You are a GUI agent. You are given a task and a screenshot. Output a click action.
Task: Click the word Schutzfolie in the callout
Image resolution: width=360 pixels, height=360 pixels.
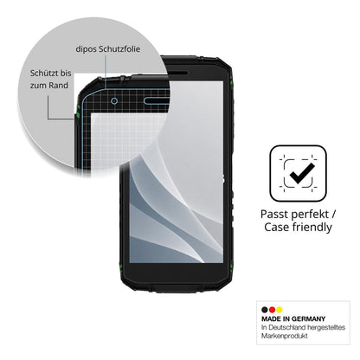[x=119, y=49]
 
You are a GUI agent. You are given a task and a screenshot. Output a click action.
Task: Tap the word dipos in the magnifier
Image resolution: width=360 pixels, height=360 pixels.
[x=87, y=49]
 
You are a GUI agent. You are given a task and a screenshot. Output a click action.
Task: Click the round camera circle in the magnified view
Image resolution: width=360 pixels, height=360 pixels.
[x=114, y=101]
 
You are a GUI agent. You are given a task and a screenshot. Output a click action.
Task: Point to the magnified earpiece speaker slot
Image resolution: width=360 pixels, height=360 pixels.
[x=156, y=100]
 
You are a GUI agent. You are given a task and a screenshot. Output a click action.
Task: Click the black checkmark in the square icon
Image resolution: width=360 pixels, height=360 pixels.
[x=302, y=173]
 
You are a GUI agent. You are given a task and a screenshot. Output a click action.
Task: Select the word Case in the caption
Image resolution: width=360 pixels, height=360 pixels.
[x=277, y=227]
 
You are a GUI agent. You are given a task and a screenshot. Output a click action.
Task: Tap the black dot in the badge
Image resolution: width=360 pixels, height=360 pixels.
[x=265, y=310]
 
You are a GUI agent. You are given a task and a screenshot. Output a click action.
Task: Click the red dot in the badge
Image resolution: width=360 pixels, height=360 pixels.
[x=272, y=310]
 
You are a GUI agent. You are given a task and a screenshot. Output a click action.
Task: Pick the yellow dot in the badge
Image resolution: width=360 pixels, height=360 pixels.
[x=279, y=310]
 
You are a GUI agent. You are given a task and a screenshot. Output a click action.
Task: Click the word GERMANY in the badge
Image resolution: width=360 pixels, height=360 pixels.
[x=308, y=319]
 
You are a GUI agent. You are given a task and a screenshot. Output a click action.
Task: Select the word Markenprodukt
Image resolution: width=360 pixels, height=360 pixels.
[x=285, y=336]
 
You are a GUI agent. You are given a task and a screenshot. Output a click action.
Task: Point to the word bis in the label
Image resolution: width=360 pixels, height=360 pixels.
[x=66, y=73]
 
